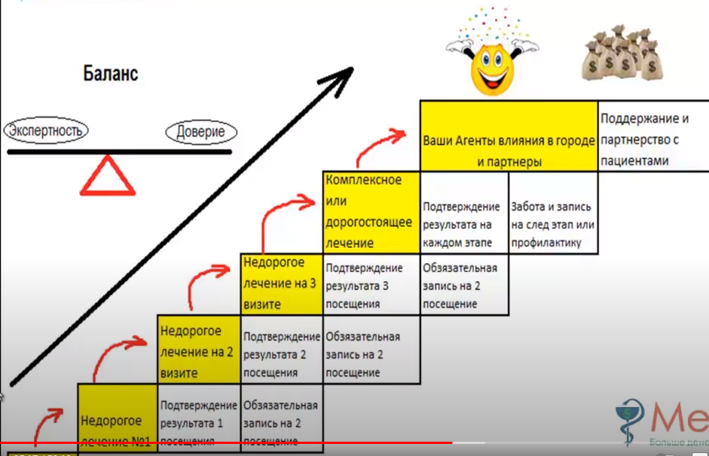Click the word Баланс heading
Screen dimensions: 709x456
click(x=110, y=74)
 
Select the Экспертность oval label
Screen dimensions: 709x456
click(x=45, y=131)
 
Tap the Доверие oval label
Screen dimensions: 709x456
click(x=200, y=133)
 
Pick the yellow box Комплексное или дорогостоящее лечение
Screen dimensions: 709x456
click(x=371, y=212)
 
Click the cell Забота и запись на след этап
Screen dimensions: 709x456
click(x=552, y=224)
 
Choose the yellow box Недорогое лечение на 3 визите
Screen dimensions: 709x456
click(x=281, y=284)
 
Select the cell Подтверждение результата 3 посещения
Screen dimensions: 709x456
click(x=371, y=284)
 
